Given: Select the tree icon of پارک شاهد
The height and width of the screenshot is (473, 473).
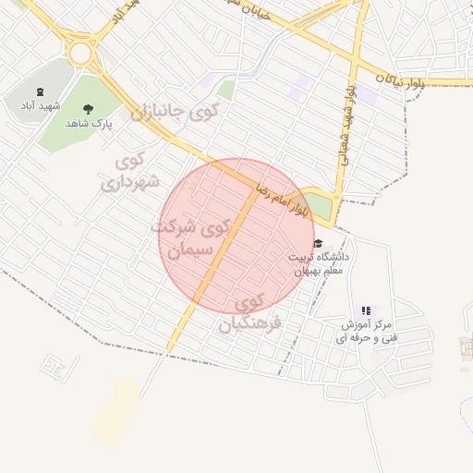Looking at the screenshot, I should pos(89,108).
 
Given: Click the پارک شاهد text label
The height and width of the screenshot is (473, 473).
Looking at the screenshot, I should pos(90,123).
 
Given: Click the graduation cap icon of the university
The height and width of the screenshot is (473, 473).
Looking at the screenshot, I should pos(318,244).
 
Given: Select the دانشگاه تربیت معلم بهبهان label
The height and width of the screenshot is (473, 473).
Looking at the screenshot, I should pos(321,263).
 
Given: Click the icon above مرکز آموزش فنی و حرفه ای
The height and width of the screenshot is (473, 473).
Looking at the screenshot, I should pos(366,311).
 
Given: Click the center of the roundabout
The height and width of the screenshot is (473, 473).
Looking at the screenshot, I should pos(81,52).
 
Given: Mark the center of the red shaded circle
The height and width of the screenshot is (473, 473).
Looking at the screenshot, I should pos(236,236).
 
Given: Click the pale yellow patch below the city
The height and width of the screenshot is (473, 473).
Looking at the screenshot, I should pos(116,409).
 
